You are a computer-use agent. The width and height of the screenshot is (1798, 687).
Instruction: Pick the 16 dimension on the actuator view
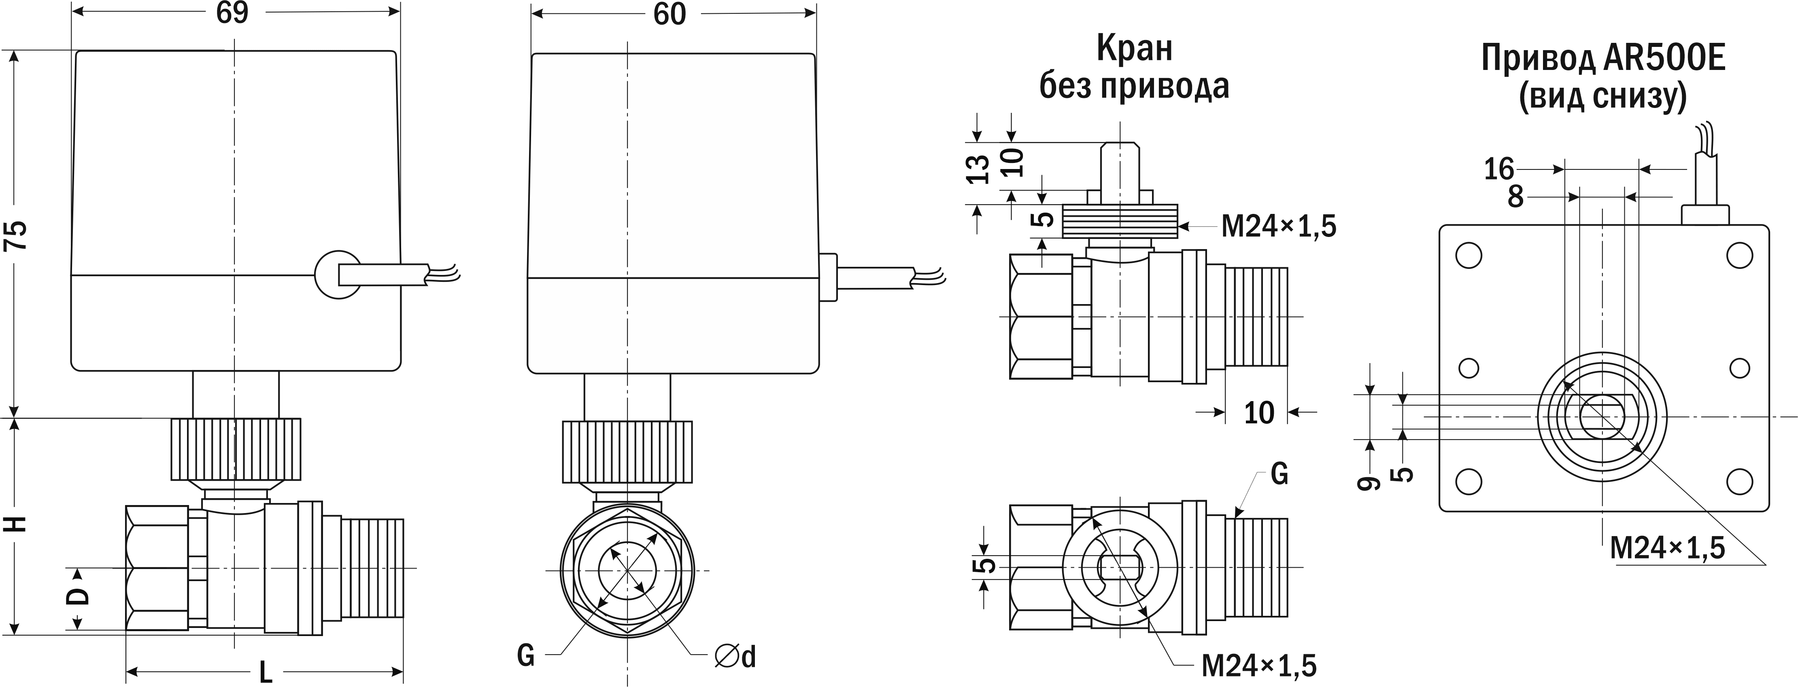[x=1498, y=169]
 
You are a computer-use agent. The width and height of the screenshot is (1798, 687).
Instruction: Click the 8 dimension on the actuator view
[x=1515, y=197]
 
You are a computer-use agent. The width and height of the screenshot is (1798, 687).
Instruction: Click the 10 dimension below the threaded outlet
[x=1258, y=413]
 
